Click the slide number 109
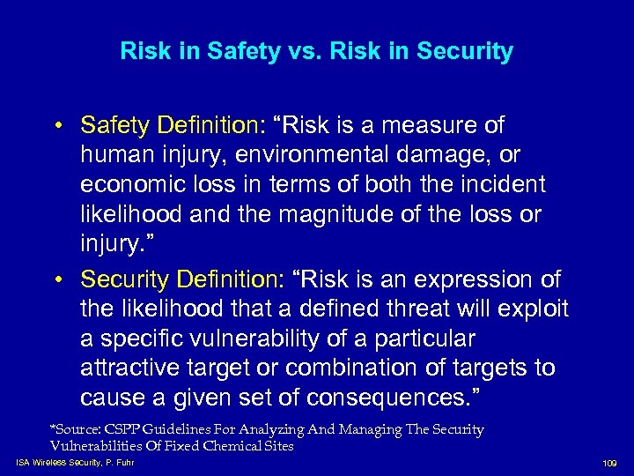pos(608,461)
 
